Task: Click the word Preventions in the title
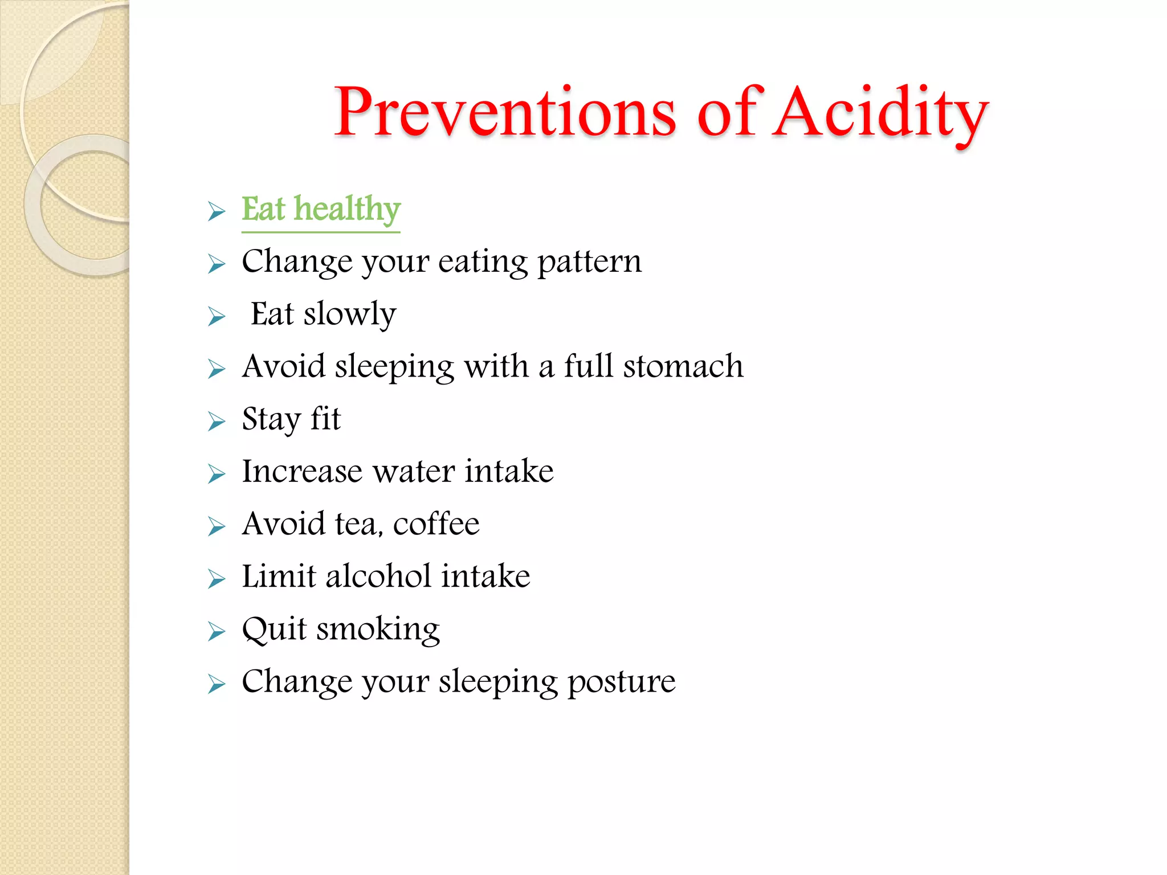tap(505, 112)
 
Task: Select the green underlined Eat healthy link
tap(321, 210)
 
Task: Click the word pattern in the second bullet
tap(589, 262)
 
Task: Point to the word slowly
tap(349, 314)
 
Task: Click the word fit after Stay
tap(325, 419)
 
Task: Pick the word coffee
tap(436, 524)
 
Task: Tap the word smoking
tap(378, 630)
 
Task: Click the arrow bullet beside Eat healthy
tap(217, 211)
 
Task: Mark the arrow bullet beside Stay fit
tap(217, 422)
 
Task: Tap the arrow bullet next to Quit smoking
tap(217, 631)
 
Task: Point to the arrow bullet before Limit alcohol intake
tap(217, 579)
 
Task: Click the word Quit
tap(274, 629)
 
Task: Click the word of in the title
tap(727, 112)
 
